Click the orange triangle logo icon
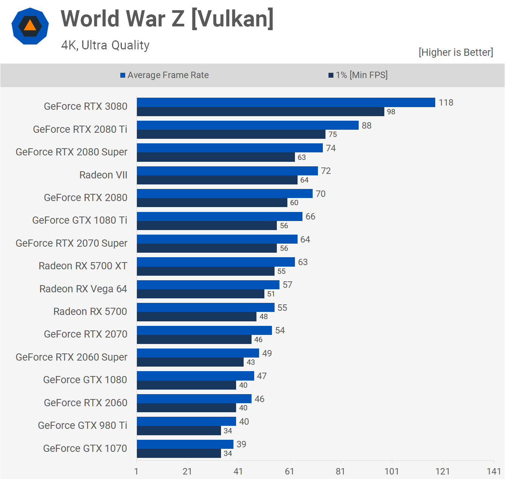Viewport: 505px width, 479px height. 30,26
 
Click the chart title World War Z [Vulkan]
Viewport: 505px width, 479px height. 167,19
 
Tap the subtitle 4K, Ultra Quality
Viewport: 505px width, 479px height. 105,45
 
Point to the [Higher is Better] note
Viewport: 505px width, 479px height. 456,52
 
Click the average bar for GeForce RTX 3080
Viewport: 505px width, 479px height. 286,103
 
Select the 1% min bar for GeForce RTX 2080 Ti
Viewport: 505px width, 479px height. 231,135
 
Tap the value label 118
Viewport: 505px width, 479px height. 446,103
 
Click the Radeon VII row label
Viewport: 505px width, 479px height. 103,175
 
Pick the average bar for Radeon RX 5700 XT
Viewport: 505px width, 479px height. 216,262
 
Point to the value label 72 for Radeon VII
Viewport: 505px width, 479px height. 326,171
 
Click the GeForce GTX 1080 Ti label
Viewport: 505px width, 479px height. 80,220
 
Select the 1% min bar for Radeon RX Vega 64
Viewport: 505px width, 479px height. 200,294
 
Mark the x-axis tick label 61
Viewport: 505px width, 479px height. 289,471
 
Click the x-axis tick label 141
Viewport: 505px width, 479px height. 494,471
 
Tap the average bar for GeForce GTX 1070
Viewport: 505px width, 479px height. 185,444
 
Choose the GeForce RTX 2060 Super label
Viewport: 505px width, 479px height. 72,357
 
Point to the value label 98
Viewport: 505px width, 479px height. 391,112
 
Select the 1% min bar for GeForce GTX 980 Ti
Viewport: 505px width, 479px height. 179,431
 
